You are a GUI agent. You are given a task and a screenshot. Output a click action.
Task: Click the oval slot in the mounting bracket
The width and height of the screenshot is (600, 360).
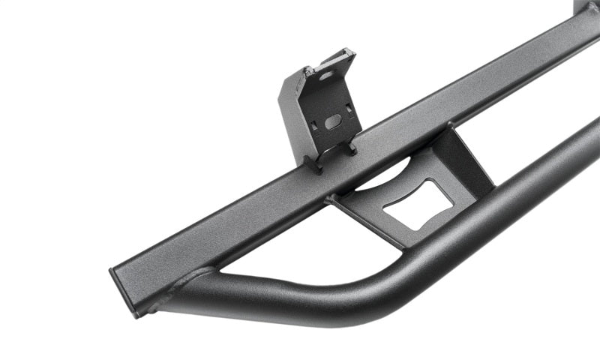tap(333, 121)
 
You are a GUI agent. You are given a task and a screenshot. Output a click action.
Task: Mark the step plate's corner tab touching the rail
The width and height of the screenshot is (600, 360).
tap(334, 201)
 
